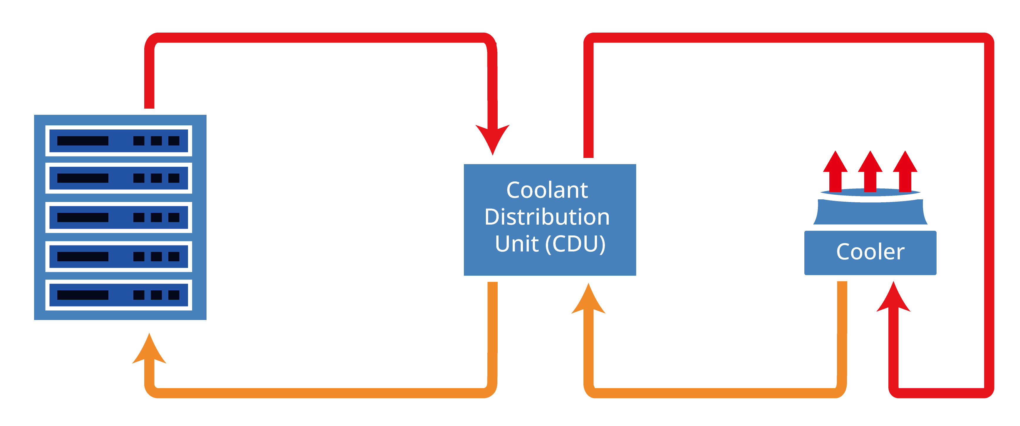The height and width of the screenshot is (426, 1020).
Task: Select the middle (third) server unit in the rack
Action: (119, 217)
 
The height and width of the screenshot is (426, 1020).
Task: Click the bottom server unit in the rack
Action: (119, 295)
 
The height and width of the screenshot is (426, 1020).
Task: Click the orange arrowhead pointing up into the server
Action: (149, 350)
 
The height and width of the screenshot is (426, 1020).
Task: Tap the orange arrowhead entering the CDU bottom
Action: (588, 300)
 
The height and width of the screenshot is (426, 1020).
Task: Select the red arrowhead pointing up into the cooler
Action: (893, 298)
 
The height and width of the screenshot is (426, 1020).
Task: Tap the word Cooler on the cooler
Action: (870, 252)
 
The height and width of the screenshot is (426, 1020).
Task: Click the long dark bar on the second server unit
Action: (83, 178)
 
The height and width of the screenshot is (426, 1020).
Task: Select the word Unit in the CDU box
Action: (517, 244)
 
